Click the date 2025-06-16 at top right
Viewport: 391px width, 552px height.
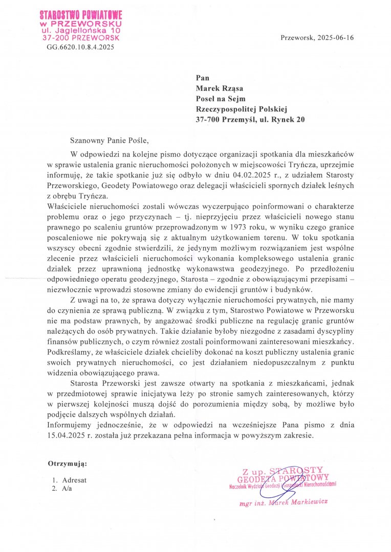coord(336,38)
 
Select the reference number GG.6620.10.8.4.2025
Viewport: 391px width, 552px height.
coord(80,47)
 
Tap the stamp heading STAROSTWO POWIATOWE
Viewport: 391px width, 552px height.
coord(81,16)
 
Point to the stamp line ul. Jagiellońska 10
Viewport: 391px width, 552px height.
coord(81,31)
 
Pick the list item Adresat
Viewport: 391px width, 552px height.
coord(74,480)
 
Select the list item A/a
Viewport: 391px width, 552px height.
coord(67,489)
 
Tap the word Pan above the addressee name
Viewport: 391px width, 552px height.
coord(203,78)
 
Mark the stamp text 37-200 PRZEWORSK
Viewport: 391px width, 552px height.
coord(81,38)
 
